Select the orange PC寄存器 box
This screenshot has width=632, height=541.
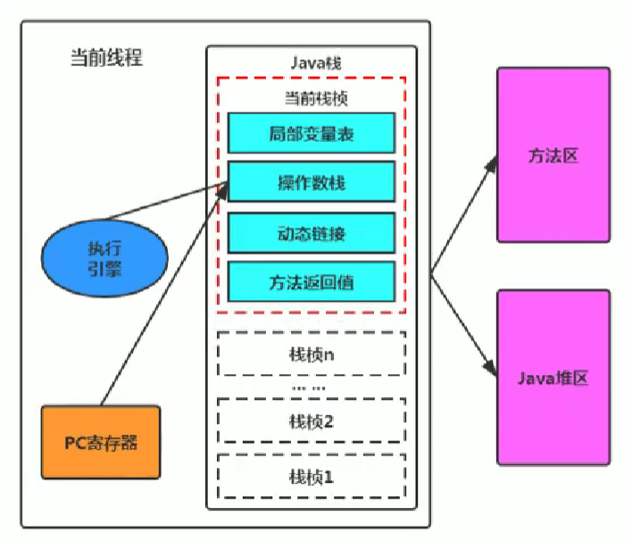[x=101, y=441]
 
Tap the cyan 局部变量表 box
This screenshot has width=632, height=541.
[x=311, y=134]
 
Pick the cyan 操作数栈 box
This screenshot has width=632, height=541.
[x=311, y=184]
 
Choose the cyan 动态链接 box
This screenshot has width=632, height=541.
[x=311, y=234]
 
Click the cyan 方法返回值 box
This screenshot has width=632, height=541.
[x=311, y=281]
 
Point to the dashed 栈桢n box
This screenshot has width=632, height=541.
[x=311, y=354]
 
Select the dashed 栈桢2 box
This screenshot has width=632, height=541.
[x=311, y=420]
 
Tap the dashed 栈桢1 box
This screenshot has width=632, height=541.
[x=311, y=476]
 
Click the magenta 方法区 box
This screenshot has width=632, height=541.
[x=553, y=154]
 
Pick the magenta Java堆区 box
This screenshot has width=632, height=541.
[x=553, y=377]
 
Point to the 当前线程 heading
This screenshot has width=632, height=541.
[x=106, y=58]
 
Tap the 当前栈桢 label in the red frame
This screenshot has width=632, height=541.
[x=311, y=96]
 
